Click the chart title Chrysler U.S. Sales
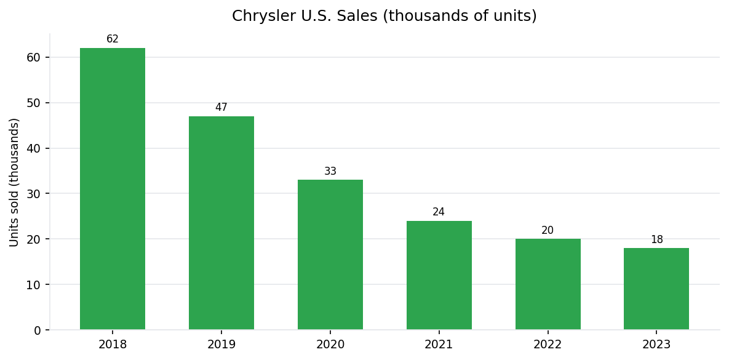384,16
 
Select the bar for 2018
113,189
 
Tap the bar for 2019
221,223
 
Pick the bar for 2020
330,255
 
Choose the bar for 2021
439,275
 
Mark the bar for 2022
548,284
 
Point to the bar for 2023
656,289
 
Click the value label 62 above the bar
113,39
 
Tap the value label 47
221,108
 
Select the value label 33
330,172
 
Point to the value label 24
439,212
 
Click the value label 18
656,240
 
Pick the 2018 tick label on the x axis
113,345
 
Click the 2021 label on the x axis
439,345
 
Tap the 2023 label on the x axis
656,345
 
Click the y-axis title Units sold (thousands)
15,182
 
